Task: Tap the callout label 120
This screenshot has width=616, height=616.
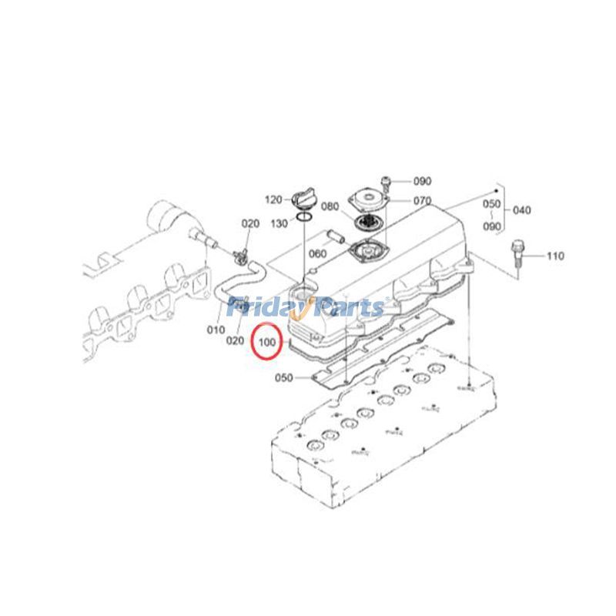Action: [x=273, y=199]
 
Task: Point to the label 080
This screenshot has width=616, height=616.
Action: [x=330, y=206]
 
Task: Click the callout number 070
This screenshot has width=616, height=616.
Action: [x=422, y=201]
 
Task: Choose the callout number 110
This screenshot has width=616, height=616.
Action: [x=554, y=255]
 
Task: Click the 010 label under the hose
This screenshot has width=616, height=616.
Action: [x=216, y=330]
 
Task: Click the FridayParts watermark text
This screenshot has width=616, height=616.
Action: [x=306, y=308]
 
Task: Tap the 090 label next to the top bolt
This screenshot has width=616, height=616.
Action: [x=422, y=182]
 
